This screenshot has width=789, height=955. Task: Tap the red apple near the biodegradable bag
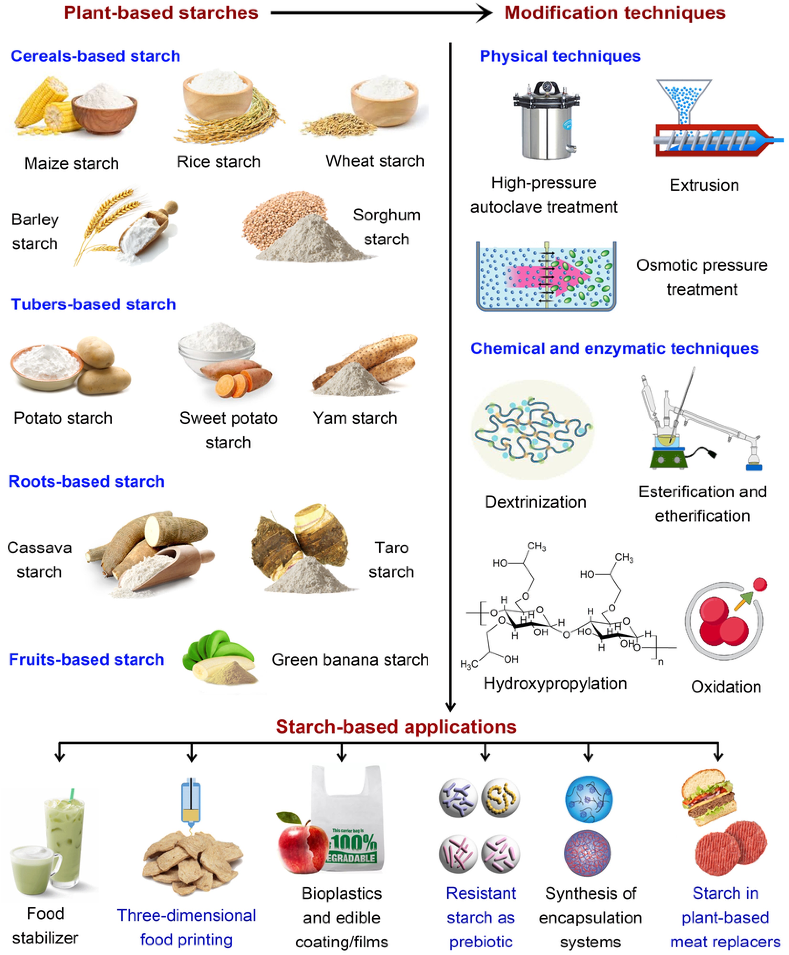pyautogui.click(x=302, y=843)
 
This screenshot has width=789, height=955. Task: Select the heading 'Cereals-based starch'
pyautogui.click(x=95, y=56)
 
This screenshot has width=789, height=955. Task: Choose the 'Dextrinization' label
pyautogui.click(x=535, y=502)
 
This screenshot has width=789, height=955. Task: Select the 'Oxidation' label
pyautogui.click(x=726, y=686)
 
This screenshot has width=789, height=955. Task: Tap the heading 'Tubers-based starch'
pyautogui.click(x=93, y=304)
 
